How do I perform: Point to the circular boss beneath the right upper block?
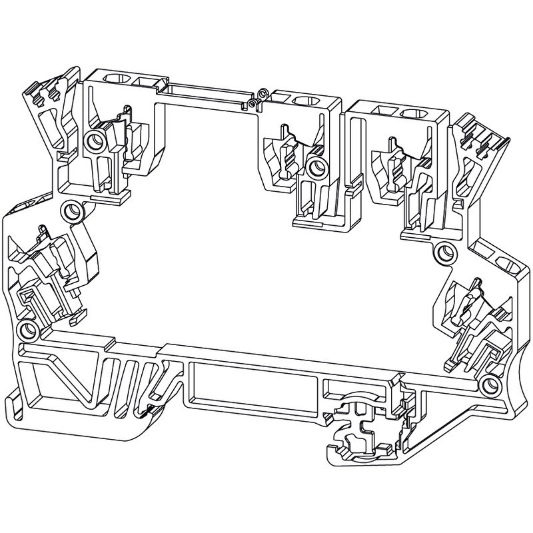click(444, 253)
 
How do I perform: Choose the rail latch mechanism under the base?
click(363, 433)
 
